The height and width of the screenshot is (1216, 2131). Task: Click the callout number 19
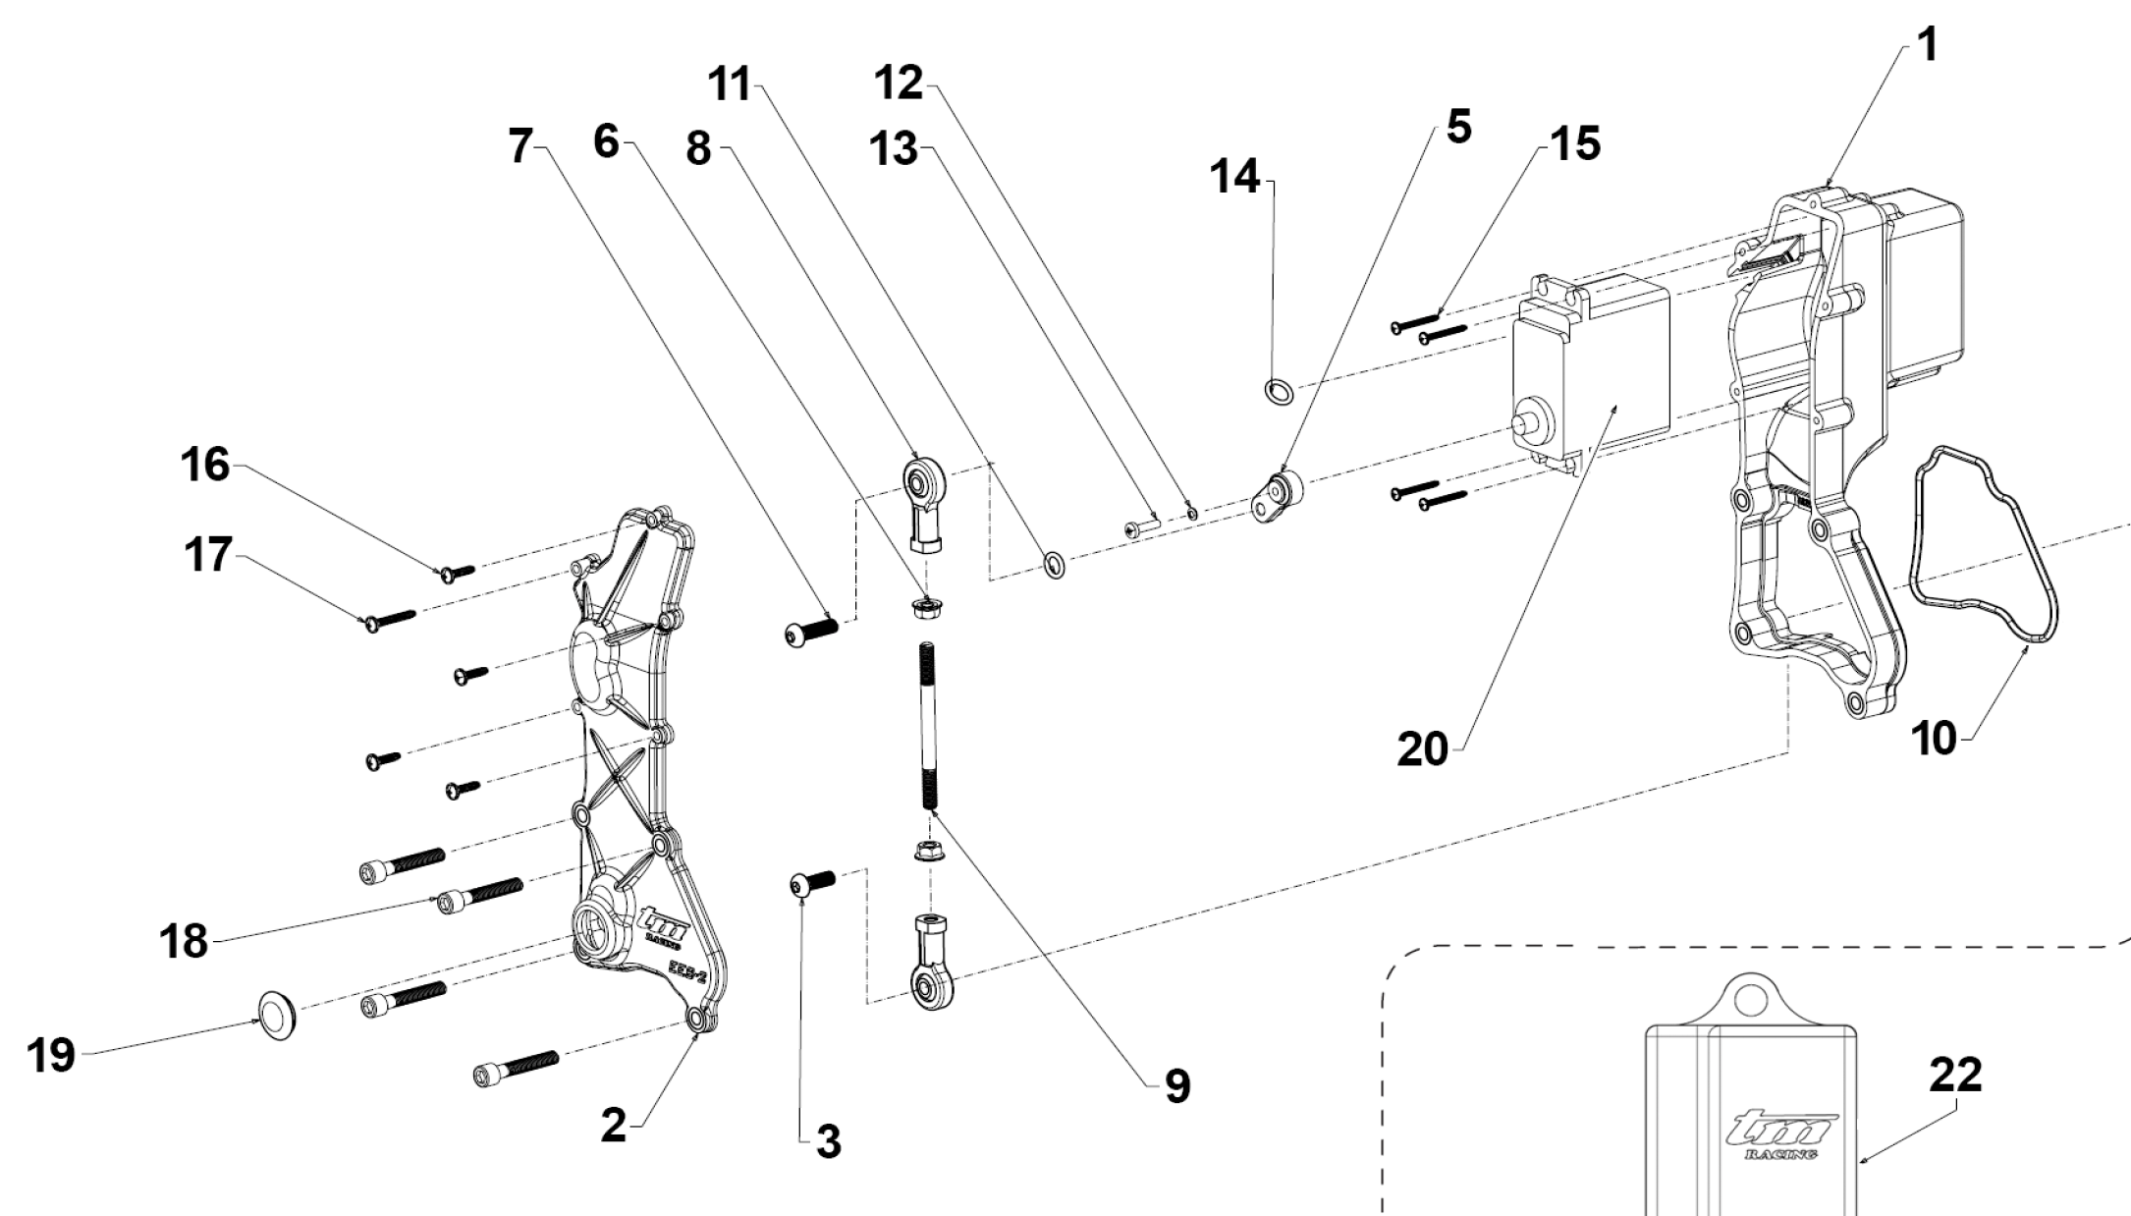(51, 1057)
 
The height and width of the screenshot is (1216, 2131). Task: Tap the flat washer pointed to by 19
(279, 1016)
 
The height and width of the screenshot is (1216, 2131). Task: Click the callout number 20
(1423, 750)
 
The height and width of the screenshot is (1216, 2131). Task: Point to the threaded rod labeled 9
(927, 727)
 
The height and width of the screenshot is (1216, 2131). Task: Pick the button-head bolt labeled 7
(810, 632)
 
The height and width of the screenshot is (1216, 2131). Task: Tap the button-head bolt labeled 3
(810, 883)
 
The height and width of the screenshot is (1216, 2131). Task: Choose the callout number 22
(1954, 1076)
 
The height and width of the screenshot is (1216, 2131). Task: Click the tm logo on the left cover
(662, 922)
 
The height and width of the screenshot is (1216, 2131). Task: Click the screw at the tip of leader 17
(389, 619)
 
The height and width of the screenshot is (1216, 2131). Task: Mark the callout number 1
(1928, 44)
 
